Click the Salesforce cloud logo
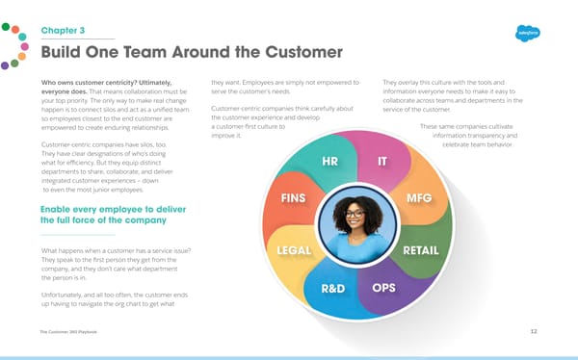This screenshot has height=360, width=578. coord(530,32)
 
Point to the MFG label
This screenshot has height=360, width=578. coord(420,198)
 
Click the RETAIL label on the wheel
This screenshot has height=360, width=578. coord(420,250)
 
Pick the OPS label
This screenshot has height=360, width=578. coord(382,287)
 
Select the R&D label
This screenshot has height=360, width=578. coord(327,288)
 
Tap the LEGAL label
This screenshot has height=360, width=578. coord(293,250)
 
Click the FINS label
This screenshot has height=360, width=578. coord(294,198)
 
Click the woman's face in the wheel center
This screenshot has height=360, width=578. coord(356,213)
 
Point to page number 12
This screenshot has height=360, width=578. coord(533,332)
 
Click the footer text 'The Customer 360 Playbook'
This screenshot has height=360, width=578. coord(70,332)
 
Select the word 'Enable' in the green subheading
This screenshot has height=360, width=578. coord(61,208)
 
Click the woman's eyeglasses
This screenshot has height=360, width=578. coord(356,212)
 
